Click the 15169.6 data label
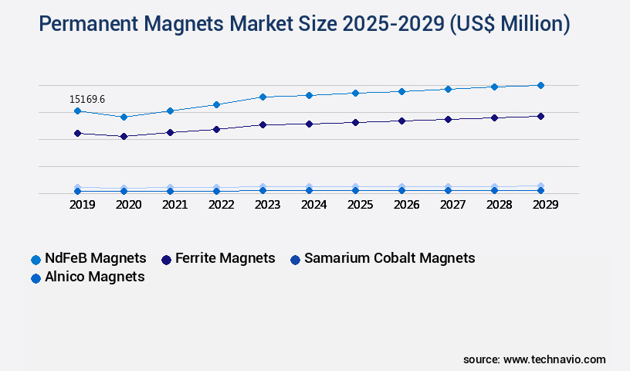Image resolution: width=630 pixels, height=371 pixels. click(86, 99)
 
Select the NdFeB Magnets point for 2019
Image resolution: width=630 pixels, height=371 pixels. click(77, 111)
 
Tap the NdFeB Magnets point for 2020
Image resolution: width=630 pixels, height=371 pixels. click(124, 117)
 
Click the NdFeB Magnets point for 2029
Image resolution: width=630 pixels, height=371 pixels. click(540, 85)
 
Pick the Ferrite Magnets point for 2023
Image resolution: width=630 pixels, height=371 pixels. click(262, 124)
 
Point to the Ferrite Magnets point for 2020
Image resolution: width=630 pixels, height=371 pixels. click(124, 136)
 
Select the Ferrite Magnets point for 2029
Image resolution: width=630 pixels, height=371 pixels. click(540, 116)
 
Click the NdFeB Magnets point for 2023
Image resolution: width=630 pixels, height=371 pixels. click(262, 97)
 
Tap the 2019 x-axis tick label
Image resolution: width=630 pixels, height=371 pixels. click(82, 205)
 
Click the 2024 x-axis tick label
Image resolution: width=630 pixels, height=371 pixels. click(313, 205)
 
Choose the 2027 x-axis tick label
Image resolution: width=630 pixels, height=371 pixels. click(452, 205)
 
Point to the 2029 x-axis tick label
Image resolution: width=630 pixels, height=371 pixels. click(545, 205)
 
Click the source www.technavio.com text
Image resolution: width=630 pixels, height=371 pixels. click(534, 359)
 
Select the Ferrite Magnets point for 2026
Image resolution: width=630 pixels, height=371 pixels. click(401, 121)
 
